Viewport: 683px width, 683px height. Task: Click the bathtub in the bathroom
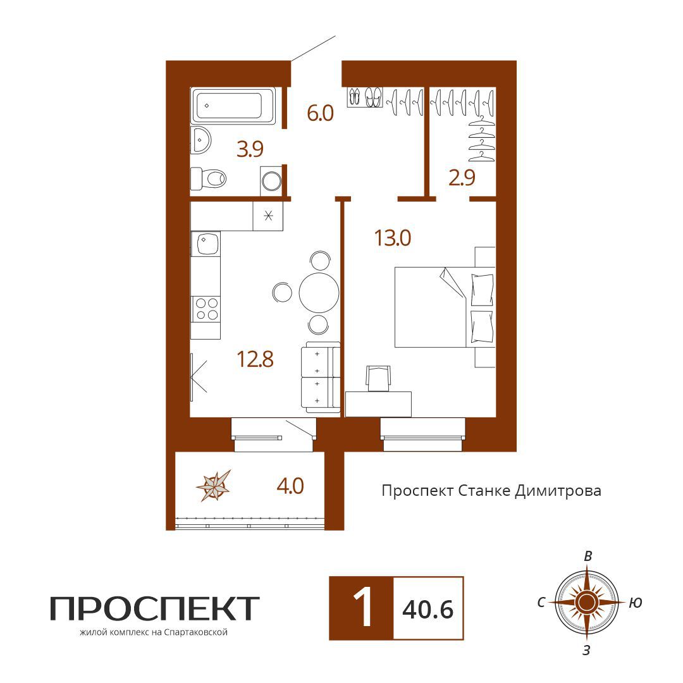point(233,106)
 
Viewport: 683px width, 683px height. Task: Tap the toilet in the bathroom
point(209,178)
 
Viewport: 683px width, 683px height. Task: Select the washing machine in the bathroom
point(271,181)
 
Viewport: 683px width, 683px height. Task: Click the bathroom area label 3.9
point(250,149)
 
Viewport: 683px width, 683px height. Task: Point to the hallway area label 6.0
point(320,113)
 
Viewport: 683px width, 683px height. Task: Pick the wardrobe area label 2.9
point(462,178)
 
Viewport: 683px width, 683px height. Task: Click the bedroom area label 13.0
point(393,238)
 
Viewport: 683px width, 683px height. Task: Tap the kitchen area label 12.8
point(255,359)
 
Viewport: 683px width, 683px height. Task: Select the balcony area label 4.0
point(290,486)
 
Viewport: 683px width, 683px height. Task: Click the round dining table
point(319,292)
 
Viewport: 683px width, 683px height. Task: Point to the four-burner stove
point(206,309)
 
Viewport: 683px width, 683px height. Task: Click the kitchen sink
point(206,243)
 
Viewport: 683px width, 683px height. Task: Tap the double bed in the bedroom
point(445,307)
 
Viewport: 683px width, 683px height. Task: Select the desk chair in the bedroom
point(378,378)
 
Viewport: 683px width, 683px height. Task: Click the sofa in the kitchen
point(321,377)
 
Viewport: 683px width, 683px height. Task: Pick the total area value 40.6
point(428,609)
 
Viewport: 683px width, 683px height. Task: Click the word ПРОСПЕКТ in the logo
point(155,608)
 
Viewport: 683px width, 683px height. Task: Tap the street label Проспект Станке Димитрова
point(491,491)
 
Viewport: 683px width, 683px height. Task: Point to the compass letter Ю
point(636,603)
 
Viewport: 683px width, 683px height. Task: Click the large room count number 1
point(362,607)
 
